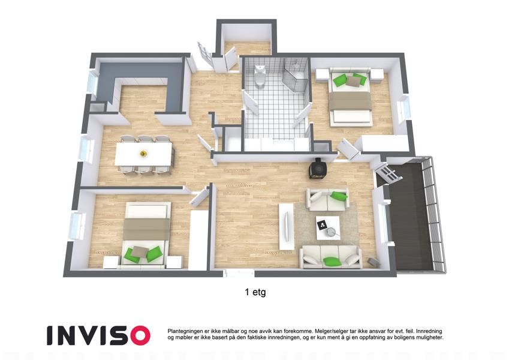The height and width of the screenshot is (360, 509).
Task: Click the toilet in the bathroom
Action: click(x=260, y=76)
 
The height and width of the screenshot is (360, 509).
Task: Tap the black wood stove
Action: click(x=317, y=168)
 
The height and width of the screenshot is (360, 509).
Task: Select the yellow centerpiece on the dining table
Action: click(x=143, y=154)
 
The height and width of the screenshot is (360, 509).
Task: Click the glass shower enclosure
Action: click(x=295, y=76)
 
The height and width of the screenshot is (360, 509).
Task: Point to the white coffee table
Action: click(x=328, y=228)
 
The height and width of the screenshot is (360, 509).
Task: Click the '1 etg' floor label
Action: click(x=255, y=292)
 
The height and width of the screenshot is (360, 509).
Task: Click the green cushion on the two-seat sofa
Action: click(x=339, y=196)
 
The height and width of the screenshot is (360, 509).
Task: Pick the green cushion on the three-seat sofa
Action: click(x=332, y=260)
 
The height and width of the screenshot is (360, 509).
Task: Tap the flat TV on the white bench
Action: click(x=287, y=226)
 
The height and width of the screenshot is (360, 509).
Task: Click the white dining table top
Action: click(x=143, y=154)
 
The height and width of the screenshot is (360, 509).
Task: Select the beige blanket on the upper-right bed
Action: click(x=350, y=101)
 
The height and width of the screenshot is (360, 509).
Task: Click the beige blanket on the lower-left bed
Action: click(x=147, y=229)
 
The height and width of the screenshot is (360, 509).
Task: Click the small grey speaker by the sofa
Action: click(x=373, y=262)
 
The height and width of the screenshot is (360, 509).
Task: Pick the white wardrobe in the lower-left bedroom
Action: click(x=198, y=240)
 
